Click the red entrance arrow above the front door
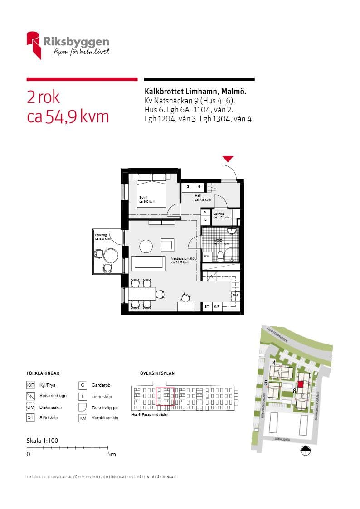click(x=228, y=159)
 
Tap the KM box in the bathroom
click(x=207, y=257)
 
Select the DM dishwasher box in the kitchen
click(x=235, y=296)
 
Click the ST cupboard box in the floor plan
click(x=207, y=307)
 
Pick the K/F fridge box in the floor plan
click(x=217, y=307)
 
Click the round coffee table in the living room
click(x=146, y=246)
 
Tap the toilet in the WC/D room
click(x=221, y=255)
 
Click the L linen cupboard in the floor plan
click(x=205, y=220)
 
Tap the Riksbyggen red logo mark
click(x=34, y=44)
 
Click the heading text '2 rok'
click(x=43, y=97)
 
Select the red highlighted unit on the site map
click(x=300, y=384)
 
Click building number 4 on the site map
click(x=274, y=363)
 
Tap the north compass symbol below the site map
click(x=306, y=450)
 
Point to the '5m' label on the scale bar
click(x=111, y=454)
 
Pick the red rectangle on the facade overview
click(x=165, y=396)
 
